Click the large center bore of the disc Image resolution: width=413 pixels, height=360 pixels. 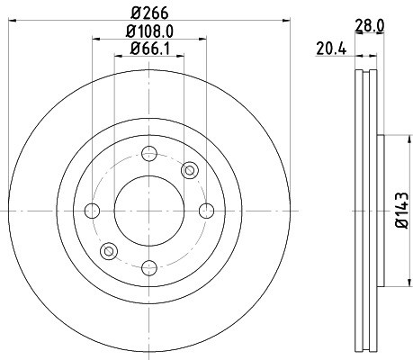pyautogui.click(x=148, y=211)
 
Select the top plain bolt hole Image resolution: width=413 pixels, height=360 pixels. pyautogui.click(x=148, y=154)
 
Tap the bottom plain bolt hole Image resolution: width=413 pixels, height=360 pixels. pyautogui.click(x=148, y=267)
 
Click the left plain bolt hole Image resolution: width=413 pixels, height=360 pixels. pyautogui.click(x=92, y=211)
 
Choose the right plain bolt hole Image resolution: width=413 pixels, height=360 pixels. pyautogui.click(x=205, y=211)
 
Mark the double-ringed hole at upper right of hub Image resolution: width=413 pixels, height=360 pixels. pyautogui.click(x=189, y=170)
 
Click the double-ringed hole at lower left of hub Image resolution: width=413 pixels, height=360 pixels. pyautogui.click(x=109, y=250)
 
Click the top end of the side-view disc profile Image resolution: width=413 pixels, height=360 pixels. pyautogui.click(x=368, y=73)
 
